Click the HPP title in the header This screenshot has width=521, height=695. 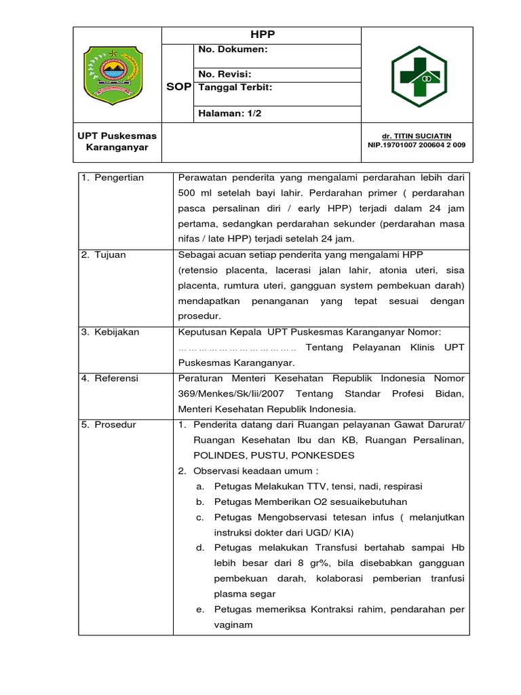[262, 35]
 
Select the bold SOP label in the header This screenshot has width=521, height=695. [178, 88]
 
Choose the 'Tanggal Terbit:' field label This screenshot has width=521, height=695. [235, 88]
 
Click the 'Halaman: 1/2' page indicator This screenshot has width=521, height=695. [229, 113]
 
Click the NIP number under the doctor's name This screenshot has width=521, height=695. [417, 145]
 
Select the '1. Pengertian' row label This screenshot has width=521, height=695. [113, 178]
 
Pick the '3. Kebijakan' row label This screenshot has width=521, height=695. [110, 332]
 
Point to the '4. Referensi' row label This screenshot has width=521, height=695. [110, 378]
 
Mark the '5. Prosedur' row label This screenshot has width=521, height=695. [109, 424]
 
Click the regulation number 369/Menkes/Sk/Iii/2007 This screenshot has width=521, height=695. [231, 394]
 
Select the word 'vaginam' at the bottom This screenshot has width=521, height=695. [233, 624]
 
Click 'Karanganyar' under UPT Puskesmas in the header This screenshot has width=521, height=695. [117, 147]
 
